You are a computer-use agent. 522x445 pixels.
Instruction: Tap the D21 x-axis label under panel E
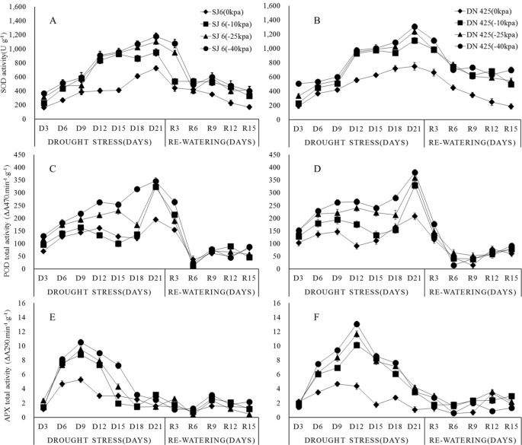click(x=155, y=424)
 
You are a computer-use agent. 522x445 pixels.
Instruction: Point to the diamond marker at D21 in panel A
click(x=155, y=68)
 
